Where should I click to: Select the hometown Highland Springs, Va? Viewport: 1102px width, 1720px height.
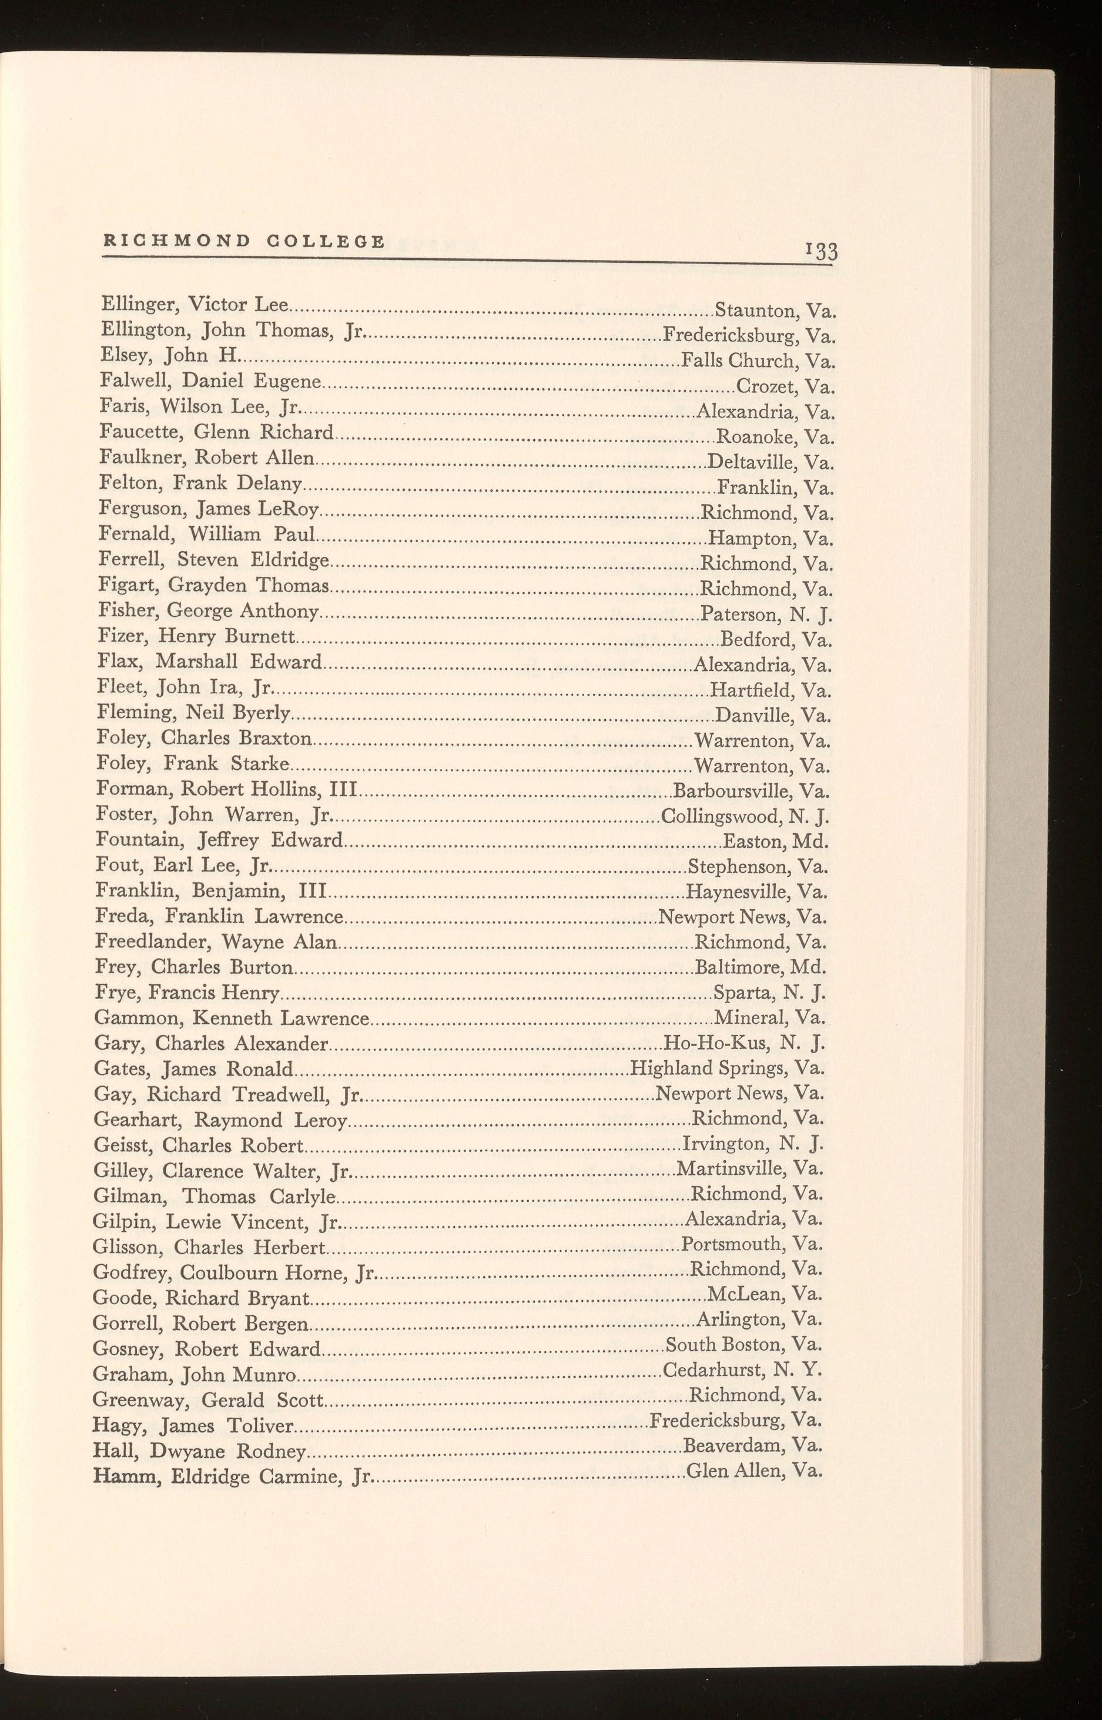click(x=727, y=1068)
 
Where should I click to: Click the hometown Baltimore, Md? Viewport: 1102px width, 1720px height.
click(x=760, y=968)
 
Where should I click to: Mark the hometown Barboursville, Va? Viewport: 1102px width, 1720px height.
click(x=751, y=791)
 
